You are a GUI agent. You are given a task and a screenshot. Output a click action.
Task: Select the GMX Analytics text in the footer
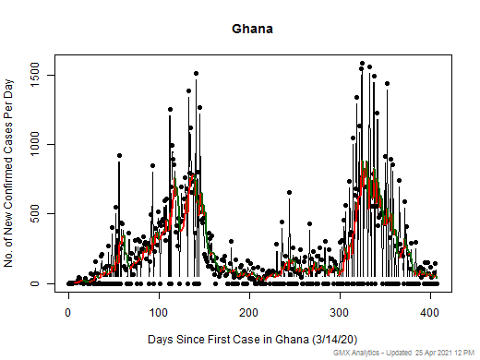(x=348, y=354)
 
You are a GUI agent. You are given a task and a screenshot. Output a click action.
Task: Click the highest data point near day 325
(x=362, y=64)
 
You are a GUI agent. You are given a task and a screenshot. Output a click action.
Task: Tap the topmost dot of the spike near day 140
(x=196, y=73)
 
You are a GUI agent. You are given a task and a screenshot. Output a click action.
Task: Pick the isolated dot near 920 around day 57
(x=119, y=155)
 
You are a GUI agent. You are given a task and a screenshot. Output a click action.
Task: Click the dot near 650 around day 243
(x=289, y=193)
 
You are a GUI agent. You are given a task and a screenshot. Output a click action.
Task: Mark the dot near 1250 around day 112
(x=170, y=110)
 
